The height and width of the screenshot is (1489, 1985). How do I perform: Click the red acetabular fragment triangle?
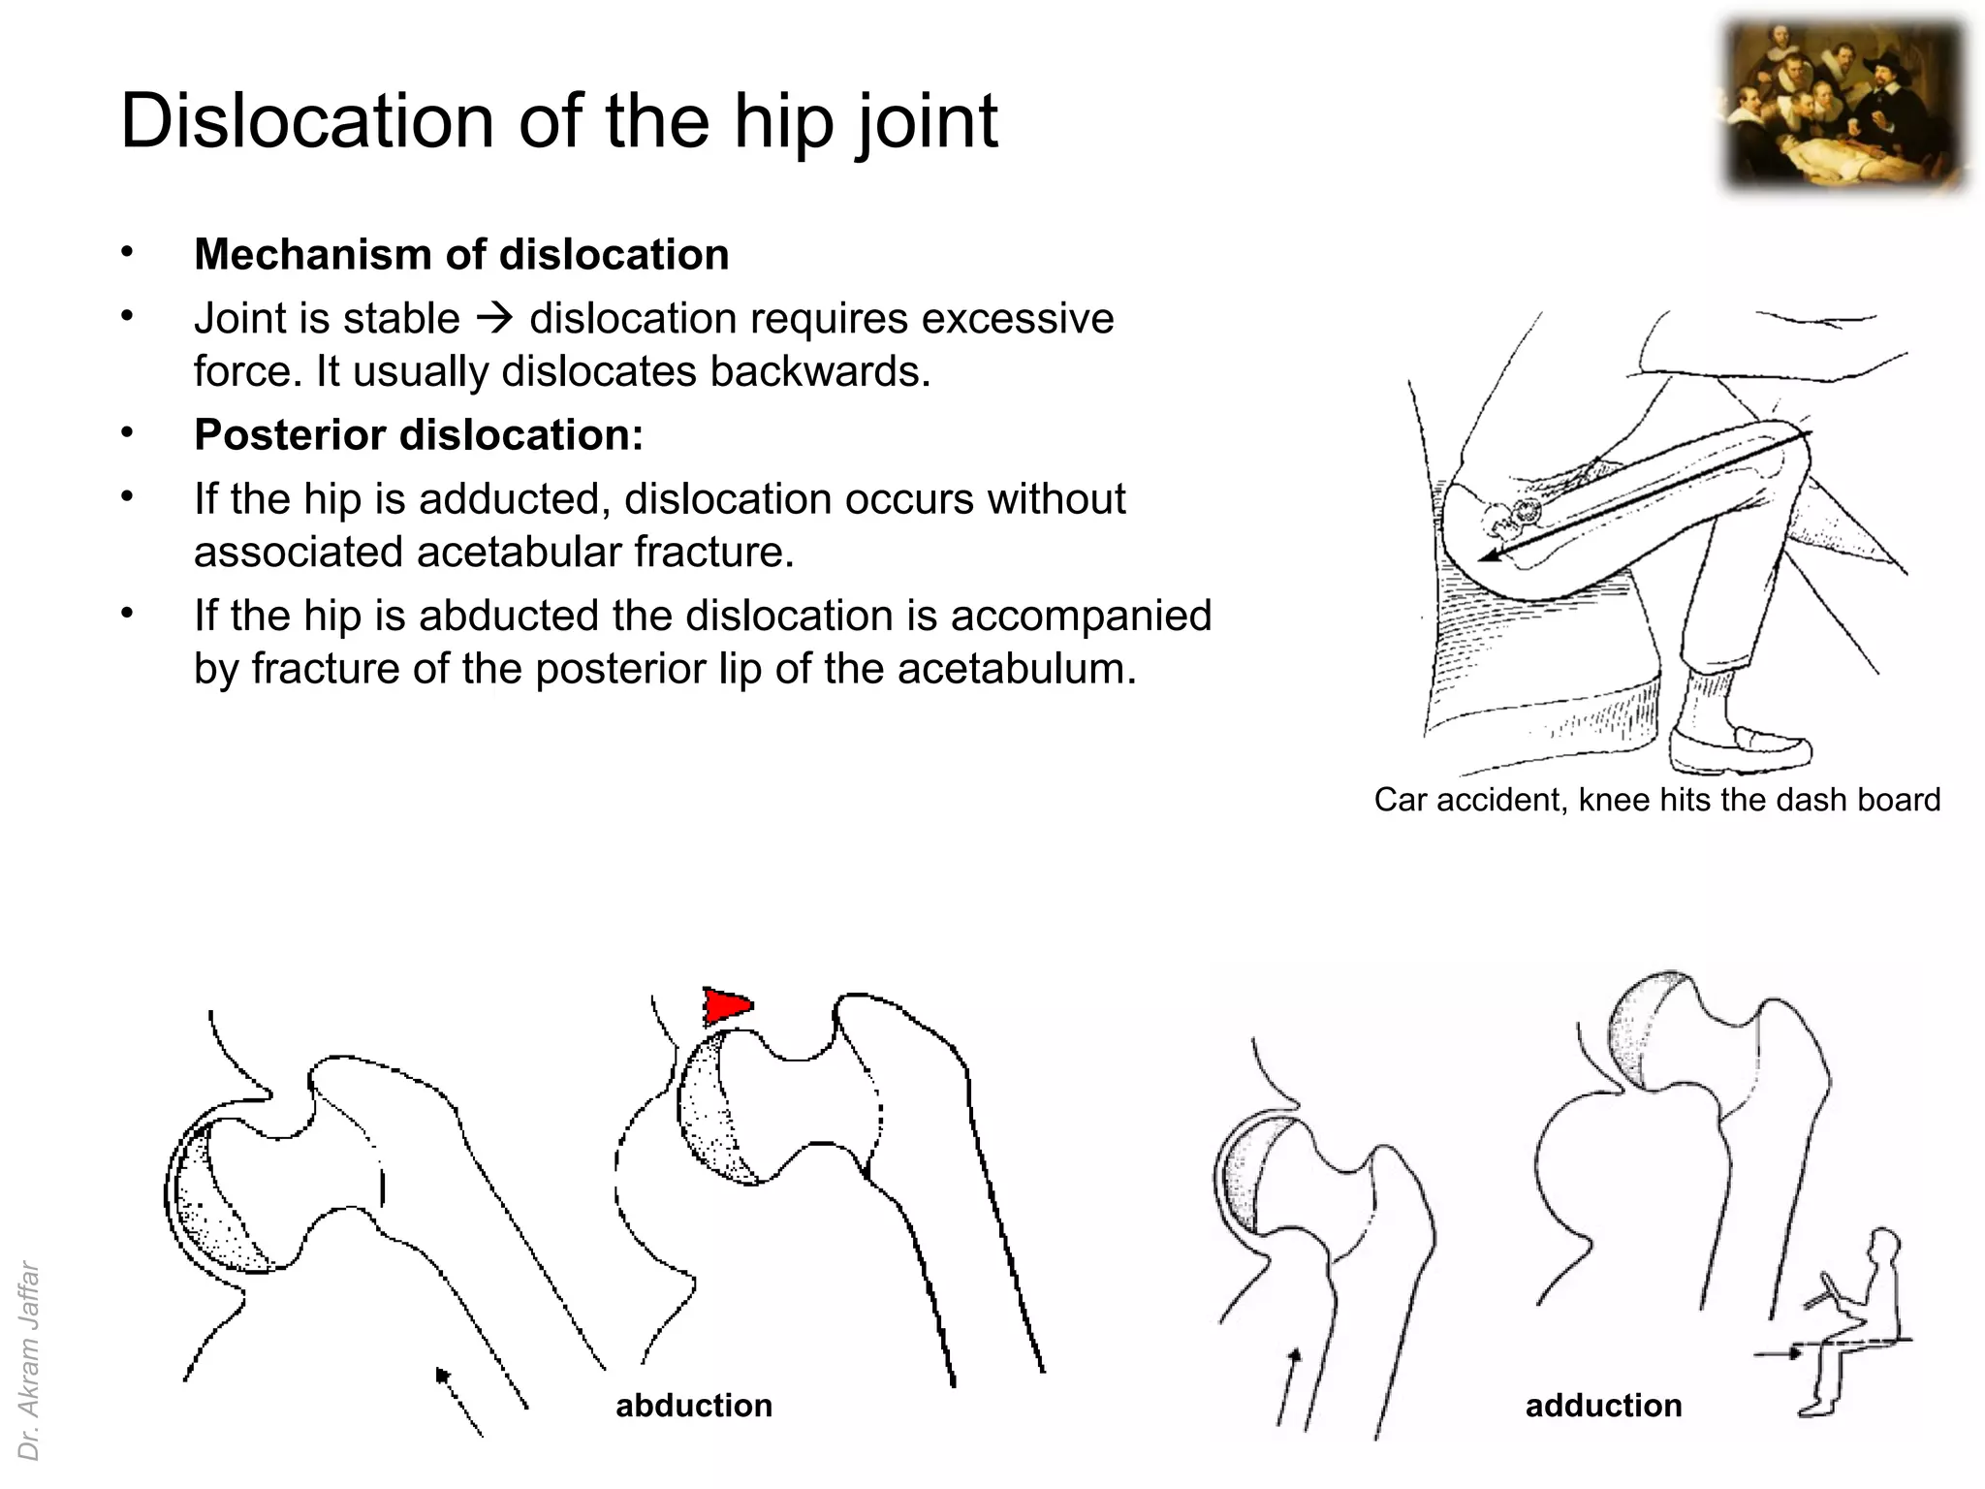pos(724,1006)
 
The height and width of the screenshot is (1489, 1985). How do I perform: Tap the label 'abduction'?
pos(694,1406)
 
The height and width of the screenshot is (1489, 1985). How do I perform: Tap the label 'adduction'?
pos(1603,1406)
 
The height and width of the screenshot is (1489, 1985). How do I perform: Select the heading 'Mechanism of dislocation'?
pos(461,255)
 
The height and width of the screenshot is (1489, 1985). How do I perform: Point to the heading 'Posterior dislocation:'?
pos(419,435)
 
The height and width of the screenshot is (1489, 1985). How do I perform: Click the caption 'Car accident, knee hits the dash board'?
pos(1656,800)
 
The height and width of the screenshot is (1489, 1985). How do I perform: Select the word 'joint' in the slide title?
pos(927,121)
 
